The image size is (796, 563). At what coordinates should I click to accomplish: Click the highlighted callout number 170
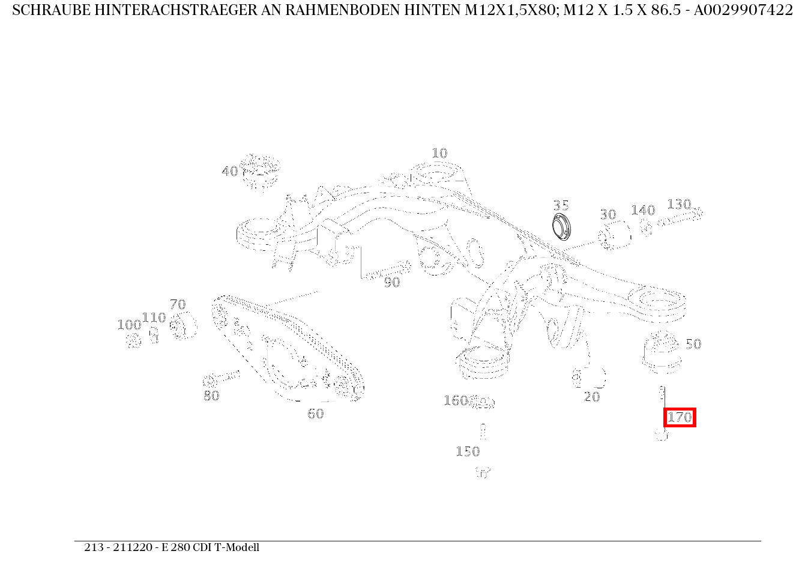680,417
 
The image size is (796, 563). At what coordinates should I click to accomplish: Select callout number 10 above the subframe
439,154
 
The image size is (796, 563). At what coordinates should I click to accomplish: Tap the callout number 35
561,206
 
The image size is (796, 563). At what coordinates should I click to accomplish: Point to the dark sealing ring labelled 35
562,227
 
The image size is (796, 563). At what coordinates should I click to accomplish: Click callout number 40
229,172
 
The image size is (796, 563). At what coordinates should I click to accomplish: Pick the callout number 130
679,205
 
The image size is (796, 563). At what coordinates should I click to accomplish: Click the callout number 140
643,211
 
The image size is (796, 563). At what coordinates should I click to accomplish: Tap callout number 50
693,345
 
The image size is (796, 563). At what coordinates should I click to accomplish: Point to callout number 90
391,283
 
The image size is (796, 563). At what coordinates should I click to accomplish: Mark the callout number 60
315,414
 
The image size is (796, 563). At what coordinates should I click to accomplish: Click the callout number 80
211,396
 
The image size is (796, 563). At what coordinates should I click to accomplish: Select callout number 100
128,325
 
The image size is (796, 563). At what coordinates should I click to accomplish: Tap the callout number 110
154,318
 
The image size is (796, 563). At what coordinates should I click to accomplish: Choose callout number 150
468,452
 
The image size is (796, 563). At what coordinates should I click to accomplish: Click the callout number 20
592,397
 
